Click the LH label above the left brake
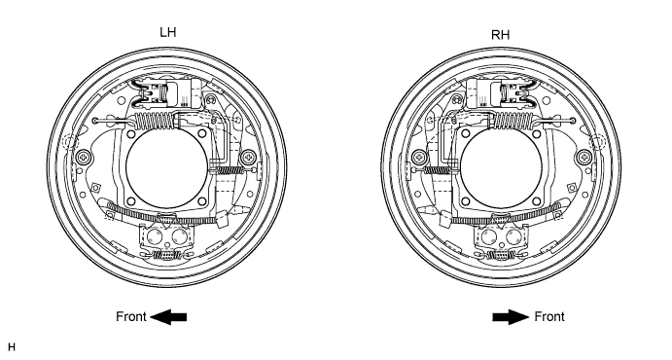pos(167,32)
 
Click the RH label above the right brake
pos(501,35)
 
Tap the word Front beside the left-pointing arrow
pos(131,317)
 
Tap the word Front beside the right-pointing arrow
pos(549,317)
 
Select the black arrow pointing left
pos(168,317)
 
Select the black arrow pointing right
pos(511,317)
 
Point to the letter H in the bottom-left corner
pos(11,346)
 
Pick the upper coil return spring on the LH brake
pos(155,120)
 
